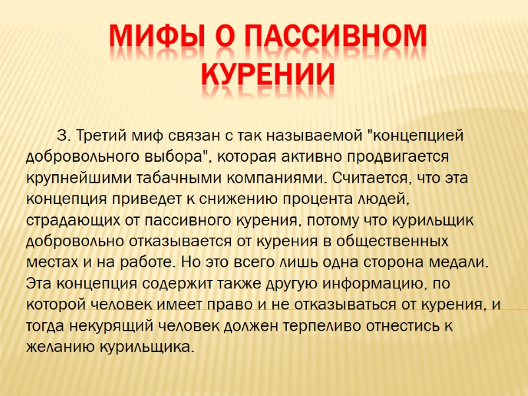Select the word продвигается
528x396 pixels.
click(402, 158)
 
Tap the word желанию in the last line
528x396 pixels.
click(59, 347)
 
